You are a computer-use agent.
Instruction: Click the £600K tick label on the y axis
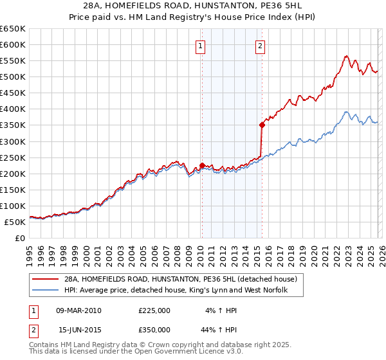13,45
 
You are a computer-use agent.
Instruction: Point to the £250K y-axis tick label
13,157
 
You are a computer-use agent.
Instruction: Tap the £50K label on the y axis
15,222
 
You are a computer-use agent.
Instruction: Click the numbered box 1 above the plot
201,46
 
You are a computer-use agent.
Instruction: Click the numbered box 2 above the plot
261,46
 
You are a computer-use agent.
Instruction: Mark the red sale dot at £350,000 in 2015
262,125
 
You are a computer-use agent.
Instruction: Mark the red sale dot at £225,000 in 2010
202,165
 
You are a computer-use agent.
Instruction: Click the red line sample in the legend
45,280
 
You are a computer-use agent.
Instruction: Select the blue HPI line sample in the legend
45,291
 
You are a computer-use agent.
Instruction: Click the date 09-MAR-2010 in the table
79,310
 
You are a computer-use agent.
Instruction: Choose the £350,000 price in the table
154,330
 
